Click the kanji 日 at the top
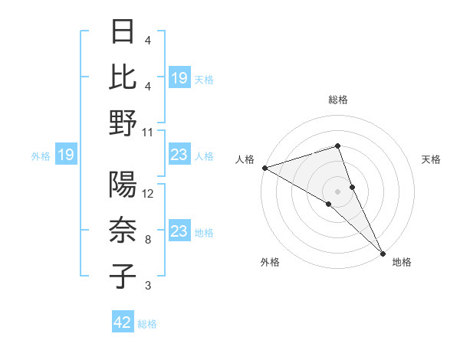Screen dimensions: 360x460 click(123, 33)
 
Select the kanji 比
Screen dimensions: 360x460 click(123, 77)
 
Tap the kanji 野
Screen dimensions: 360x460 click(123, 123)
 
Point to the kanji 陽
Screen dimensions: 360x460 click(123, 186)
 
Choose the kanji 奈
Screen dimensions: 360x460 click(123, 231)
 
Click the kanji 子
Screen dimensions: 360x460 click(123, 276)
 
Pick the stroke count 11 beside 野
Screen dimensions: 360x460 click(148, 132)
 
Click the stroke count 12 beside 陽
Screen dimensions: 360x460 click(148, 195)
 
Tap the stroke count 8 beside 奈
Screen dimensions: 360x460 click(148, 240)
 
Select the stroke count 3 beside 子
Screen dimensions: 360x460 click(148, 286)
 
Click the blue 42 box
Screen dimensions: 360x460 click(123, 322)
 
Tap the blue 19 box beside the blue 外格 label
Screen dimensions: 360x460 click(65, 155)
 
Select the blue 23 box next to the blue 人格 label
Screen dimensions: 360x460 click(179, 155)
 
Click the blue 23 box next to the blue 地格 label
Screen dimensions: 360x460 click(179, 232)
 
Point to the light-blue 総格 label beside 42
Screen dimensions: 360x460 click(147, 323)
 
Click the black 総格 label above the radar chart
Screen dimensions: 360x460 click(337, 100)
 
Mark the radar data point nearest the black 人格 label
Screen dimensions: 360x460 click(264, 167)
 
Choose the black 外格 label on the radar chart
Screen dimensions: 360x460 click(269, 262)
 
